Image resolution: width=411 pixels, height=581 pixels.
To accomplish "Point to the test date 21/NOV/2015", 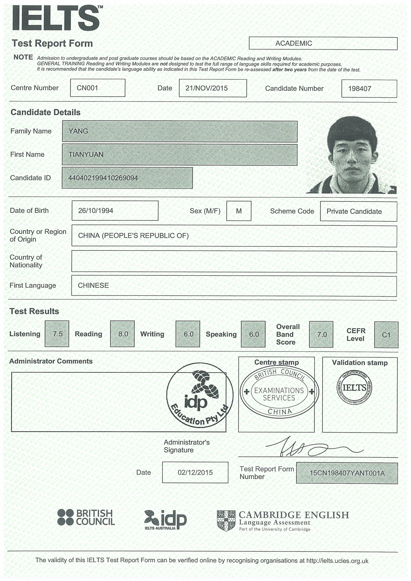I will click(x=206, y=88).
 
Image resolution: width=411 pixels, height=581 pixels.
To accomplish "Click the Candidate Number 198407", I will click(x=360, y=89).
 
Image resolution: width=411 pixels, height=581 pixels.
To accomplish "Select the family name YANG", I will click(x=78, y=131).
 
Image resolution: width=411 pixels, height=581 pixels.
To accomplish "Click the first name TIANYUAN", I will click(x=86, y=155).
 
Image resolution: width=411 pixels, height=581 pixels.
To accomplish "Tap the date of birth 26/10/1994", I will click(x=96, y=211).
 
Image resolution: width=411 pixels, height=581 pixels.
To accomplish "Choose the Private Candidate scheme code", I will click(x=354, y=212).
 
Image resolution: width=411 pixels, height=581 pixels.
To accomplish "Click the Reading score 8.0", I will click(x=123, y=334).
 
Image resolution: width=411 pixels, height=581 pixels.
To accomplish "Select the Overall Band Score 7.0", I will click(x=322, y=335).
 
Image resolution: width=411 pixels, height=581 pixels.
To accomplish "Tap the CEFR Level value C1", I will click(x=386, y=335).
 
